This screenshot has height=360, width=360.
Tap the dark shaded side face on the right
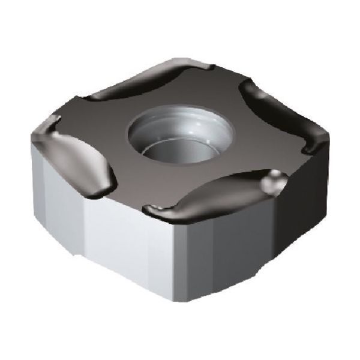270,240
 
